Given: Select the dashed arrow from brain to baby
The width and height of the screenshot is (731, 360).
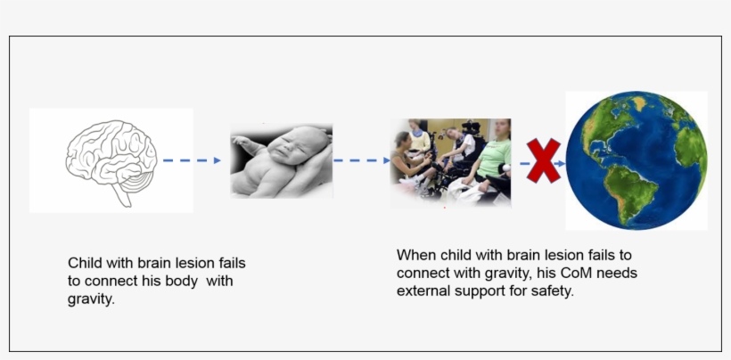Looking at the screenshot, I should tap(191, 160).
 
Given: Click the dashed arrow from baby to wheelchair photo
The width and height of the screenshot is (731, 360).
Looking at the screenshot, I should tap(362, 160).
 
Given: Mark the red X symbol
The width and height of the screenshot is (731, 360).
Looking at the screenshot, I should tap(544, 161).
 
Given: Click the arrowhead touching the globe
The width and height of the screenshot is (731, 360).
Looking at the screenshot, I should tap(561, 164).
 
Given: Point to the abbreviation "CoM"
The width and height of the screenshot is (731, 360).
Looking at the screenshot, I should tap(551, 273).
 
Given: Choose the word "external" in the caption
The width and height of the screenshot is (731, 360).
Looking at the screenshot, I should tap(423, 290).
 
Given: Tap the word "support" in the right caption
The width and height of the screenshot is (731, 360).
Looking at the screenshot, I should tap(483, 290).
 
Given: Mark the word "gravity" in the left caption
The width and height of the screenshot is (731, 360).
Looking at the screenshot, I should tap(90, 299).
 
